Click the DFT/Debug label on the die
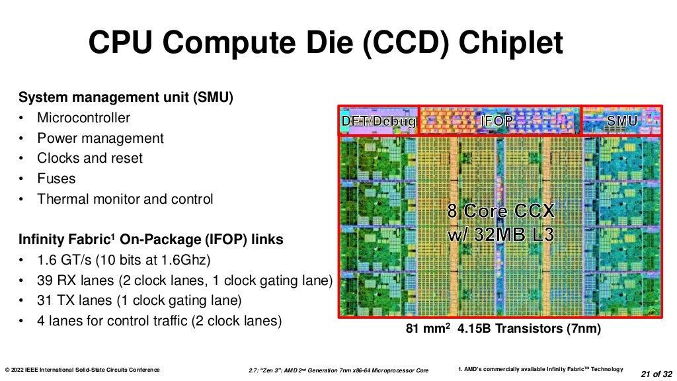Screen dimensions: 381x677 point(378,122)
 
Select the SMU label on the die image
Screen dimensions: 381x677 point(621,121)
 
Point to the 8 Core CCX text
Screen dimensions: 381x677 point(501,212)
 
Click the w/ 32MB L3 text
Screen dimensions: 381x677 point(500,234)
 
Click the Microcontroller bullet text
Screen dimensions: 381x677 point(83,118)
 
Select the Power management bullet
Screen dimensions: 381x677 point(100,138)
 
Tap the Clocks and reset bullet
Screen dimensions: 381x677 point(89,159)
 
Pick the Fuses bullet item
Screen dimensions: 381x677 point(56,179)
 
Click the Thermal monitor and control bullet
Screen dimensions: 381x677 point(125,199)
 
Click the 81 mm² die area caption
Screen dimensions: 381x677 point(427,329)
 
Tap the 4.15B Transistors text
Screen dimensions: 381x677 point(526,329)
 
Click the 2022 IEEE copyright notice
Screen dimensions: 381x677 point(82,370)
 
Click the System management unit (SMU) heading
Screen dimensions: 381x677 point(126,98)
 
